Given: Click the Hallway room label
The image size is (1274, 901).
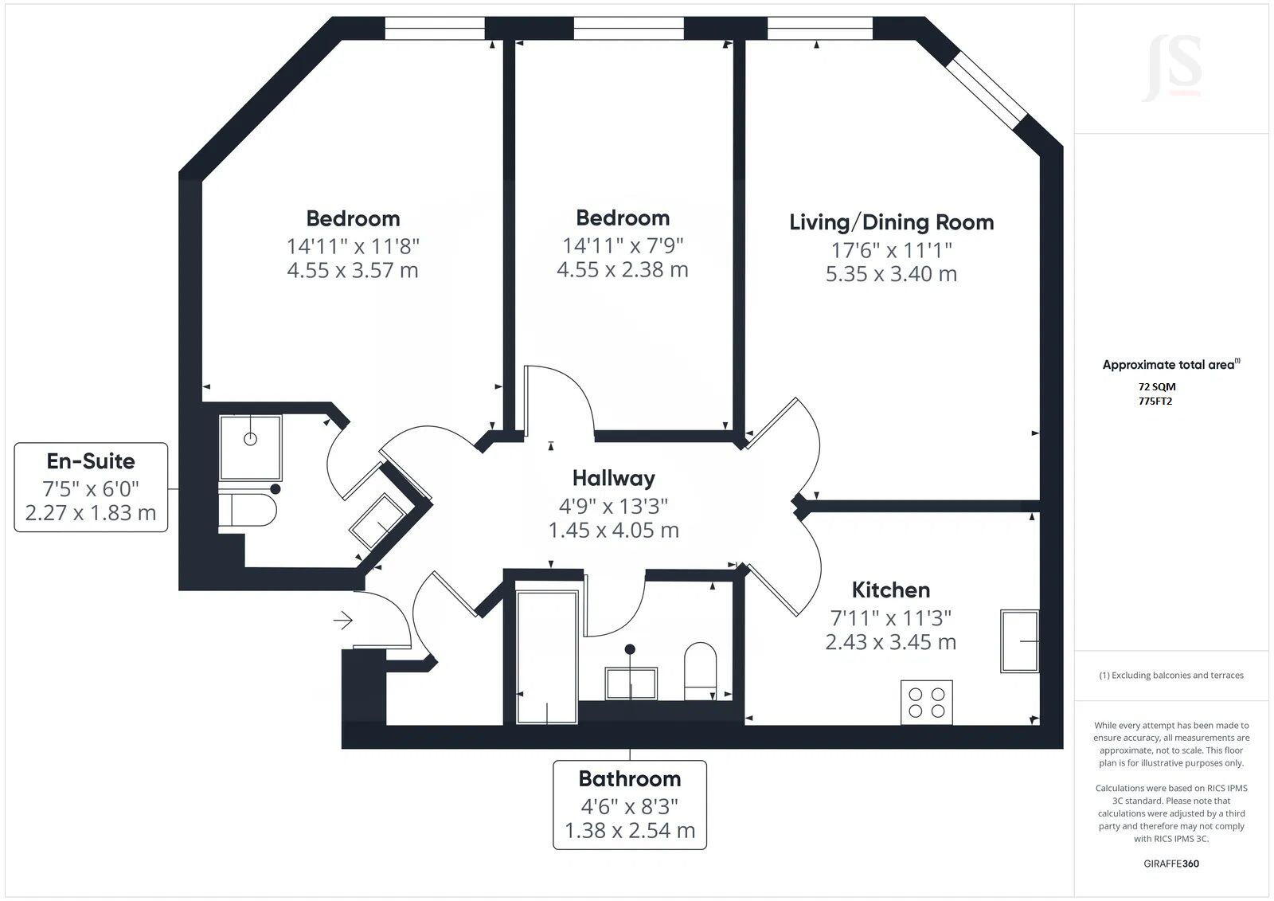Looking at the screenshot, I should coord(613,478).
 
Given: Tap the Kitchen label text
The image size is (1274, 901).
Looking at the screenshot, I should coord(890,590).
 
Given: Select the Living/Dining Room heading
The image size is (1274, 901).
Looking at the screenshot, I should coord(891,222).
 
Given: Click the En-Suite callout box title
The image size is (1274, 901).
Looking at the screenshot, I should coord(91,461).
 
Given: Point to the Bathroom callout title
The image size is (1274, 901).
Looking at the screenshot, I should coord(629,778).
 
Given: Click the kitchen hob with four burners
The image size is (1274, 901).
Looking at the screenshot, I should coord(926,702).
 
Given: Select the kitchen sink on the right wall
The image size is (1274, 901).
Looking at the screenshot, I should coord(1019,640).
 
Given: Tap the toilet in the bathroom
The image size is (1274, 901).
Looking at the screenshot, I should coord(701,669).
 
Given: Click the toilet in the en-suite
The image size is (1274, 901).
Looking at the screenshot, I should coord(248,510).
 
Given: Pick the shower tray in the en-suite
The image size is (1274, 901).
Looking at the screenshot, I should coord(250,447).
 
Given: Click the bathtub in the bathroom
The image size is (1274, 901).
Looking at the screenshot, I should coord(547,656).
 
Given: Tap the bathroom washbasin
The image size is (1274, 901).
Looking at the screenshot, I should coord(631,684).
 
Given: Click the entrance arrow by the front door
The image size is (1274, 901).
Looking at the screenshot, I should coord(343,620).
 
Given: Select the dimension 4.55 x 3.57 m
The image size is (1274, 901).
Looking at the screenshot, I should coord(352,270).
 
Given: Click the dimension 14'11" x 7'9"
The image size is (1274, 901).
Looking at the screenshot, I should coord(623,245).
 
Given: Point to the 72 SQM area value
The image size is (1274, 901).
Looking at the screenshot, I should coord(1156,386).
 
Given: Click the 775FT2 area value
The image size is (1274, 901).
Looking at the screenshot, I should coord(1155,401).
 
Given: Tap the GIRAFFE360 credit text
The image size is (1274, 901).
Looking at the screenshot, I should coord(1170,864).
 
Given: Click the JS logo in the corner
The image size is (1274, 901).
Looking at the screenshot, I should coord(1171,67).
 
